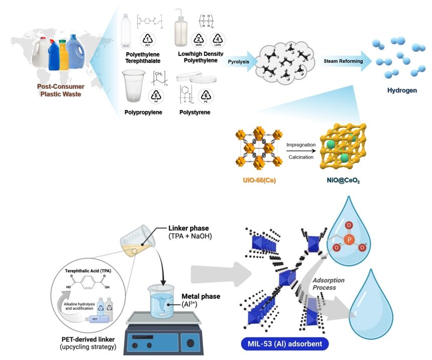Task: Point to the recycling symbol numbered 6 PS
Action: (x=205, y=94)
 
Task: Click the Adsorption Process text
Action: (x=327, y=284)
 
